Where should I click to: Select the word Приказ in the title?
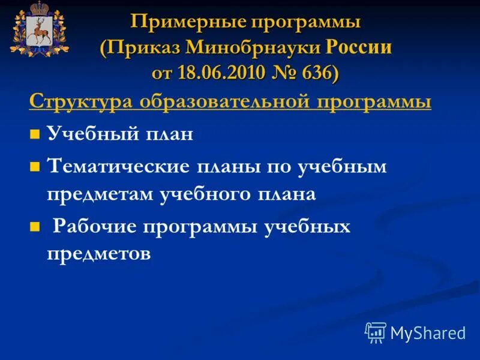(x=142, y=47)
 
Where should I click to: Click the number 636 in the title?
(x=317, y=72)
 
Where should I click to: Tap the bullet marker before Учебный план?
(x=34, y=134)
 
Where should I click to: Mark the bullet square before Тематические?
(x=34, y=166)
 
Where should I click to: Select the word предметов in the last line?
(x=98, y=254)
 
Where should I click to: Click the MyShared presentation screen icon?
(x=376, y=332)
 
